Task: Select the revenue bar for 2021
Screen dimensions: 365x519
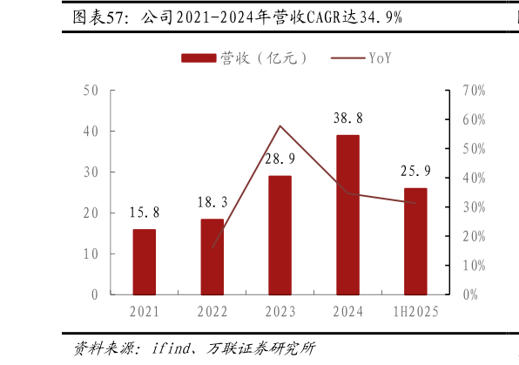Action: pyautogui.click(x=145, y=262)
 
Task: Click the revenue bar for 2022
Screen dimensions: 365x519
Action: pyautogui.click(x=212, y=257)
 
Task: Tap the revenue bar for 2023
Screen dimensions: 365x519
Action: pyautogui.click(x=280, y=235)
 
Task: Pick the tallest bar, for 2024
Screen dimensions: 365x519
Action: pyautogui.click(x=347, y=214)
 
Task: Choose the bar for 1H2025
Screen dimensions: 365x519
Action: pyautogui.click(x=415, y=241)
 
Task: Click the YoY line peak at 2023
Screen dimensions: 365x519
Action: pyautogui.click(x=280, y=125)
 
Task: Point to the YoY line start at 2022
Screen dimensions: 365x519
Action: pyautogui.click(x=212, y=247)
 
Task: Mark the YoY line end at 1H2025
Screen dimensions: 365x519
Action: pyautogui.click(x=415, y=203)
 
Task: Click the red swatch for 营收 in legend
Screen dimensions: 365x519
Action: pyautogui.click(x=199, y=58)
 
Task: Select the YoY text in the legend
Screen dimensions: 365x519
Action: pyautogui.click(x=380, y=58)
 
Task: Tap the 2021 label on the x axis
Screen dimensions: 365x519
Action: pyautogui.click(x=145, y=312)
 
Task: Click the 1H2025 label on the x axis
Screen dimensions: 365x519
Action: pyautogui.click(x=415, y=312)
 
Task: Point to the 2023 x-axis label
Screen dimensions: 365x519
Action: pyautogui.click(x=280, y=312)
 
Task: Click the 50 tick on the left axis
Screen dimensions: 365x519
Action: pyautogui.click(x=91, y=91)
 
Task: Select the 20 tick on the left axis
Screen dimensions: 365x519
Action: pyautogui.click(x=91, y=213)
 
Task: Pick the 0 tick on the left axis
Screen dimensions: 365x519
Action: pyautogui.click(x=94, y=295)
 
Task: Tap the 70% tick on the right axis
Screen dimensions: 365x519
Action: pyautogui.click(x=474, y=91)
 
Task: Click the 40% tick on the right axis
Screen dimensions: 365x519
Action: pyautogui.click(x=474, y=179)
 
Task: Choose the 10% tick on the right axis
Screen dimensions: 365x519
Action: pyautogui.click(x=474, y=266)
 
